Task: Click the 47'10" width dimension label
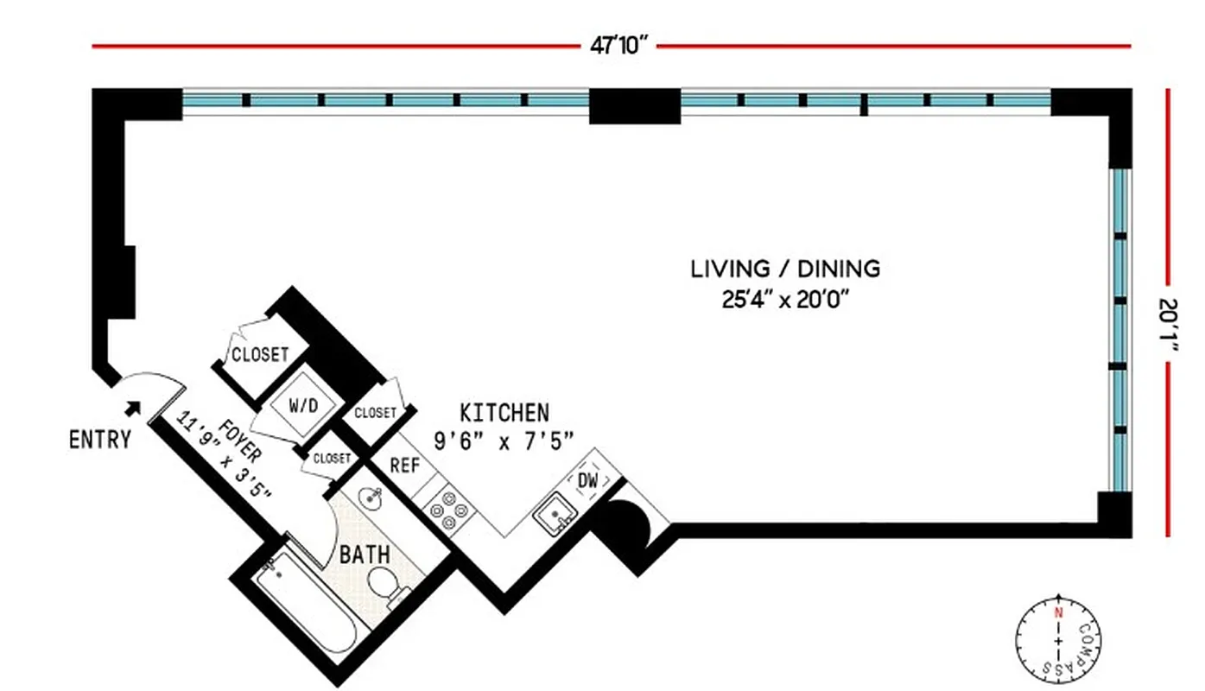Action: click(x=618, y=46)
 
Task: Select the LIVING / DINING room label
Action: click(x=784, y=269)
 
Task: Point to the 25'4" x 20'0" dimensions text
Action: click(x=784, y=300)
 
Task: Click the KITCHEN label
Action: click(x=504, y=412)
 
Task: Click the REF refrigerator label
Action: click(x=404, y=466)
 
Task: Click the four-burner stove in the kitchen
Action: click(x=449, y=510)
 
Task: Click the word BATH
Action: click(x=364, y=554)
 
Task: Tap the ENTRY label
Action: click(x=100, y=440)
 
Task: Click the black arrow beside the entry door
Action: click(x=133, y=407)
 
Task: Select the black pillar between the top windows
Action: click(x=634, y=106)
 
